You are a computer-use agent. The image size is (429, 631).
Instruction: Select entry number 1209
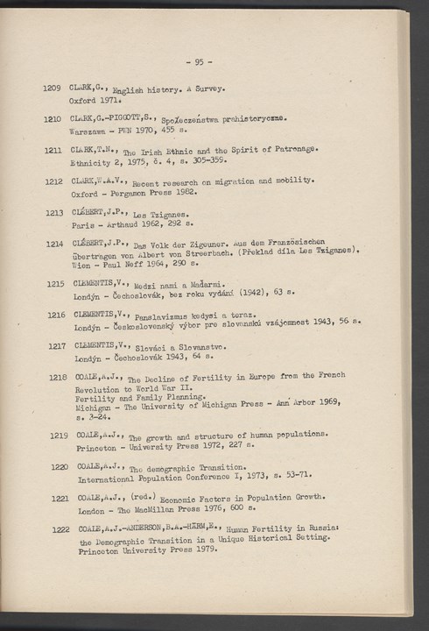[54, 89]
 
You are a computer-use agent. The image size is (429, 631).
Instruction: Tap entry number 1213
[54, 213]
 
